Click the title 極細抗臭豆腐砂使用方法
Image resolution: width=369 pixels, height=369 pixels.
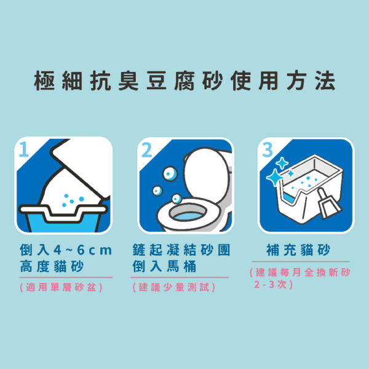184,81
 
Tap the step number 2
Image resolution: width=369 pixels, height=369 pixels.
146,150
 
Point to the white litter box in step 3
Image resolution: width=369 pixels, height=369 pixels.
307,191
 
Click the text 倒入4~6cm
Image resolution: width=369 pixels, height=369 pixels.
65,250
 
